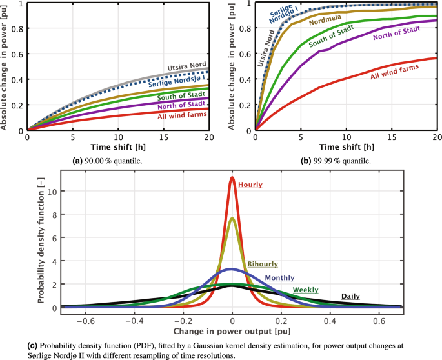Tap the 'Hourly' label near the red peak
click(x=250, y=185)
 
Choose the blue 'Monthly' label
click(x=279, y=277)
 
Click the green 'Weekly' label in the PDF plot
click(x=306, y=290)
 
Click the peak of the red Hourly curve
click(x=232, y=178)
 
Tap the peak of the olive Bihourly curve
click(x=232, y=219)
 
